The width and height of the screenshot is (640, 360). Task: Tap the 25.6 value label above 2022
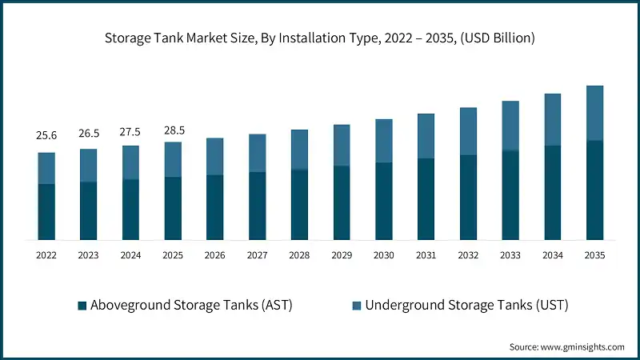[46, 136]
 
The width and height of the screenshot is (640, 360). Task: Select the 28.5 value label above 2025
[173, 130]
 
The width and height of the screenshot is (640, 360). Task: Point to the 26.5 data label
[88, 134]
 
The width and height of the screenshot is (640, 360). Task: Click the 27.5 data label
[130, 131]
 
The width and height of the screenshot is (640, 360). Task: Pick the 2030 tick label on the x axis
[383, 255]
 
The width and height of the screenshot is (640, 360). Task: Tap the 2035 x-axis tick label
[594, 255]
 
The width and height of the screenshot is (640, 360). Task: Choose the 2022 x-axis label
[46, 255]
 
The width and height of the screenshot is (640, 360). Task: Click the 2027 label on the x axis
[257, 255]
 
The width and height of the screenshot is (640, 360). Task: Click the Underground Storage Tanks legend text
[466, 305]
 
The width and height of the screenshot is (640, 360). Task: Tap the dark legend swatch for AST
[82, 306]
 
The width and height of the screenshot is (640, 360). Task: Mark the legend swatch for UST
[357, 306]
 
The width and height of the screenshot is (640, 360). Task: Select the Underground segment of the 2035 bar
[594, 113]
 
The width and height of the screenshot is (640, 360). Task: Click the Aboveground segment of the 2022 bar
[46, 212]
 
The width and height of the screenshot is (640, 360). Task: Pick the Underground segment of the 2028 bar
[299, 150]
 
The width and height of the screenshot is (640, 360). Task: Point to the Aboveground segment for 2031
[426, 199]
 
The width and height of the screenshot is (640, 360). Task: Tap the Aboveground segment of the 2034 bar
[552, 192]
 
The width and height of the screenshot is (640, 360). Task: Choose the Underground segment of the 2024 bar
[130, 162]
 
